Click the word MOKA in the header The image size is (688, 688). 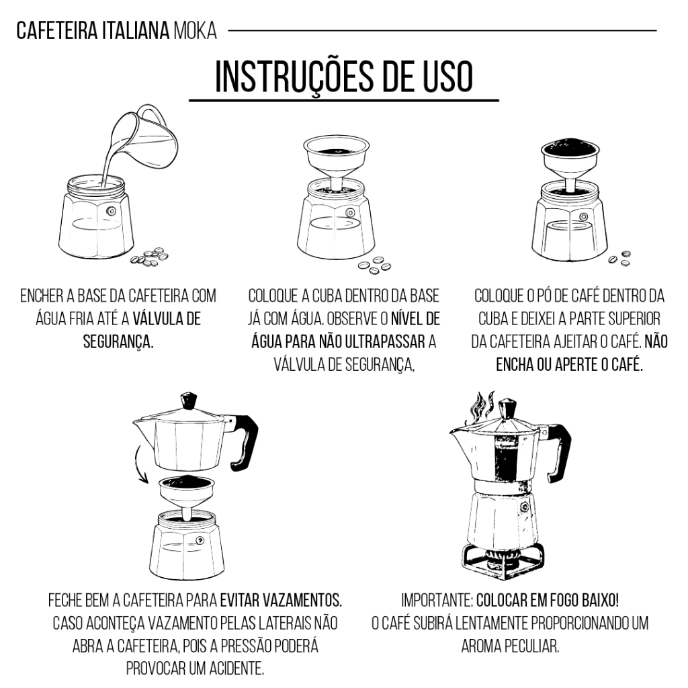tap(196, 31)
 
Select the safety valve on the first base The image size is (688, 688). tap(112, 211)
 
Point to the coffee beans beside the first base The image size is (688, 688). tap(150, 257)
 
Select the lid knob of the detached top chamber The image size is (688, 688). tap(189, 400)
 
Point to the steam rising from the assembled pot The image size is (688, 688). tap(482, 406)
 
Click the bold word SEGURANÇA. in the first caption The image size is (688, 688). tap(118, 341)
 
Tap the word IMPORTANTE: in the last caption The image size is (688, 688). tap(437, 600)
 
